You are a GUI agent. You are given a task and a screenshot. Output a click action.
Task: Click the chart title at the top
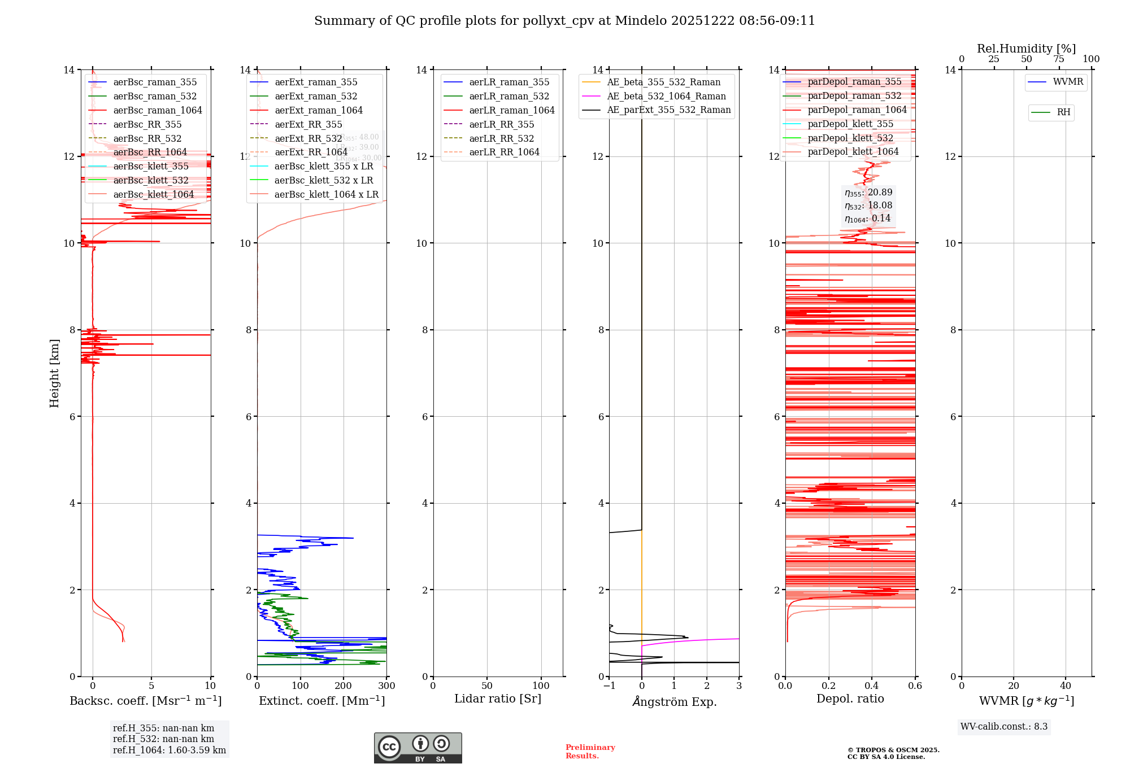(564, 21)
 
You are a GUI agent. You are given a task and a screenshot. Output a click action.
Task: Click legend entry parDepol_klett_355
(850, 124)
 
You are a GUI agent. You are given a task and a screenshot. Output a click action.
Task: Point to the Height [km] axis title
(54, 373)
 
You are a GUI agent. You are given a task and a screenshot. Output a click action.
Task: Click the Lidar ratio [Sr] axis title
(498, 699)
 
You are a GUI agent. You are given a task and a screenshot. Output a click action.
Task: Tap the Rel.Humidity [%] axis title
(1026, 49)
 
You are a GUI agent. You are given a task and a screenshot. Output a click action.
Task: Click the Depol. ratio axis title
(850, 699)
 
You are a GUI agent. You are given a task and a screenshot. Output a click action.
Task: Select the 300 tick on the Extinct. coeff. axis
(386, 686)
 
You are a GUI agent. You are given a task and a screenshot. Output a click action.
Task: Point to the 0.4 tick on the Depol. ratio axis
(872, 686)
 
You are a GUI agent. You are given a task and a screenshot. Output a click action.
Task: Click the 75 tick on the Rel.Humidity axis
(1059, 59)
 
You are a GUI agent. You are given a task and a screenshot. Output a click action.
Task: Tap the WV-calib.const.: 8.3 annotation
(1003, 727)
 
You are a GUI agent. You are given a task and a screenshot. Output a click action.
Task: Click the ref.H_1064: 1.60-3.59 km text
(169, 750)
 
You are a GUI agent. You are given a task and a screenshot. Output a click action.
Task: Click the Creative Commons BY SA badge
(418, 748)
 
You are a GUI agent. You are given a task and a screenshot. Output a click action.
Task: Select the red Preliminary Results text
(590, 752)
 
